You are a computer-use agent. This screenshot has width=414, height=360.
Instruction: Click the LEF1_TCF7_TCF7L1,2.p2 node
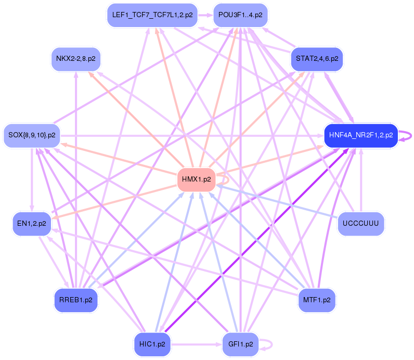(x=151, y=15)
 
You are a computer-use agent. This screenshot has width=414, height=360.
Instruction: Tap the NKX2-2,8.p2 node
(x=76, y=59)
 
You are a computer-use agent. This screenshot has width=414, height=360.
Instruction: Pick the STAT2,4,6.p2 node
(x=317, y=59)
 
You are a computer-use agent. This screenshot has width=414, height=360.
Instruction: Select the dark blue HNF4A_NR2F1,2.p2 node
(x=360, y=135)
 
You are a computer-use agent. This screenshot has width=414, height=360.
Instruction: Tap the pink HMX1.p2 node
(x=196, y=179)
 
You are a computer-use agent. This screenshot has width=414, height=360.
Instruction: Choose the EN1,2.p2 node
(x=32, y=224)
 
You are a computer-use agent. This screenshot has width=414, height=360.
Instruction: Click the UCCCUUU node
(x=360, y=224)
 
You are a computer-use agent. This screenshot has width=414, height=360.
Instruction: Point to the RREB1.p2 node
(x=76, y=300)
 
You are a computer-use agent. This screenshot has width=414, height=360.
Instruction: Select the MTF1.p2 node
(x=317, y=300)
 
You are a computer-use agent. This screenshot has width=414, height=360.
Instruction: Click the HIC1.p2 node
(x=152, y=344)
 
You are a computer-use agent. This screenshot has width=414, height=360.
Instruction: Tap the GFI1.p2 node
(x=240, y=344)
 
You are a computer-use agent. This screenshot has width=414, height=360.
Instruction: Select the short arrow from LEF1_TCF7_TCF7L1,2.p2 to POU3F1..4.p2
(x=205, y=15)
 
